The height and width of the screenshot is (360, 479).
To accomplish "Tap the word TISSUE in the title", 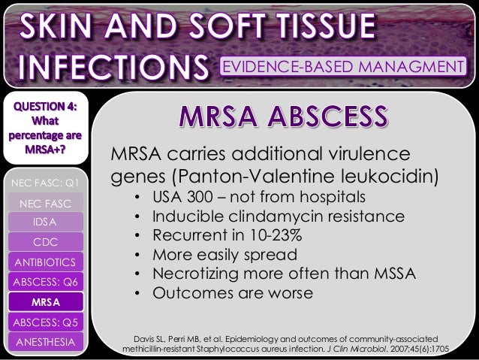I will pyautogui.click(x=316, y=27).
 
